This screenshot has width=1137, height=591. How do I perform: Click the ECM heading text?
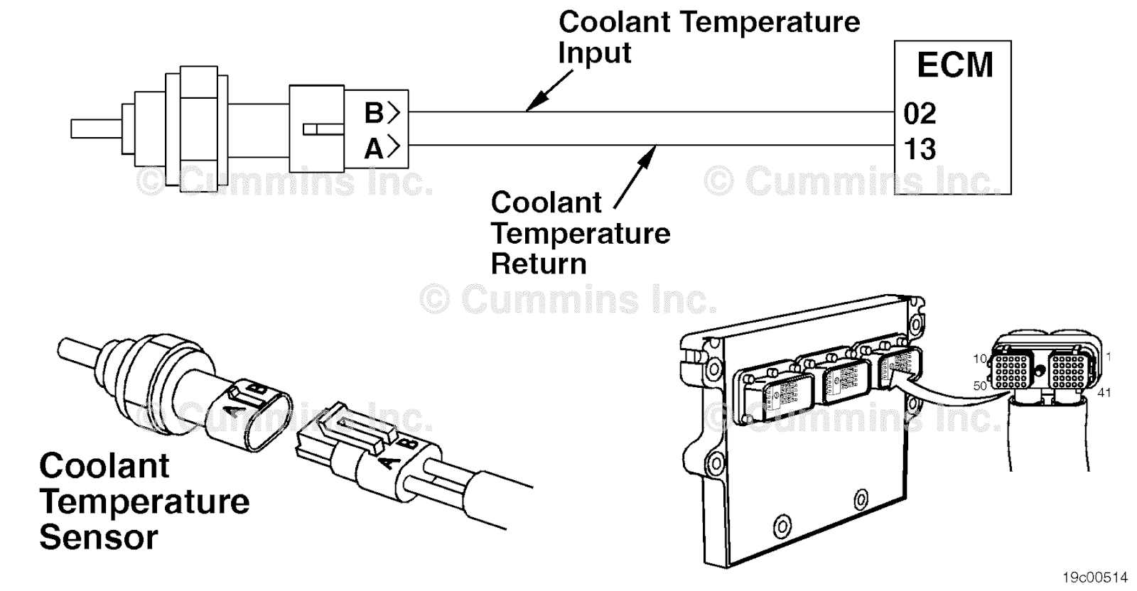pos(954,65)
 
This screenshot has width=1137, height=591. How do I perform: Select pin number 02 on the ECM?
pos(920,113)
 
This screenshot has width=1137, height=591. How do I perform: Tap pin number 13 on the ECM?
pos(920,149)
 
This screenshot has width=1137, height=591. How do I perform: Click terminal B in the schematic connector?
pos(375,113)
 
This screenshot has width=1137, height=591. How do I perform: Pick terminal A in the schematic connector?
pos(375,148)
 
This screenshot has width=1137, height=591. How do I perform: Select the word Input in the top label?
pos(594,53)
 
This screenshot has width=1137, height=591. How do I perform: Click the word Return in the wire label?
pos(539,264)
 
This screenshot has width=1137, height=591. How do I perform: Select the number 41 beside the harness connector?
pos(1104,392)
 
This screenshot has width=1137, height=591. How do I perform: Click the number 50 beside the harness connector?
pos(980,386)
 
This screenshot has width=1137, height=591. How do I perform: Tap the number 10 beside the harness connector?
pos(980,359)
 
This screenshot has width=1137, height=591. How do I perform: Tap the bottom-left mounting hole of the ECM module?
pos(782,526)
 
